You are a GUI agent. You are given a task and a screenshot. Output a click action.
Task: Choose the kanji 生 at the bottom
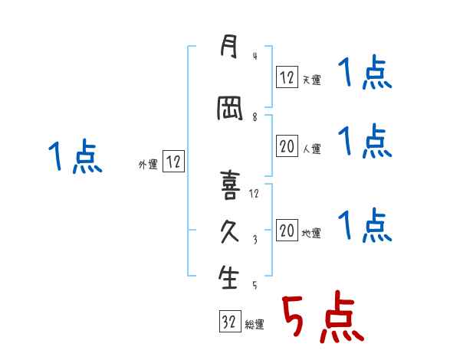click(228, 278)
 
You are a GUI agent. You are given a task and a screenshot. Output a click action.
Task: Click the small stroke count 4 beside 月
click(255, 57)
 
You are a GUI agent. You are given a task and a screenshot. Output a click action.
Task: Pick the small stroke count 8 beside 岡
click(255, 117)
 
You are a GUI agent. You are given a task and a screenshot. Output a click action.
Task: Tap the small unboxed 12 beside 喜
click(255, 193)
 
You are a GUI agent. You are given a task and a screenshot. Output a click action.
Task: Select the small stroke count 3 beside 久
click(255, 240)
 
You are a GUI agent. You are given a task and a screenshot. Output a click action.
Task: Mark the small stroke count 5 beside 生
click(255, 285)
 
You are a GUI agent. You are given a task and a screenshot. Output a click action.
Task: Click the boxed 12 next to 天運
click(287, 77)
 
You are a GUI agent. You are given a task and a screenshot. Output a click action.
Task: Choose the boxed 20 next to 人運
click(287, 146)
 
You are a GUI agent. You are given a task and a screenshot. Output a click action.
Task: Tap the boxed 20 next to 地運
click(287, 231)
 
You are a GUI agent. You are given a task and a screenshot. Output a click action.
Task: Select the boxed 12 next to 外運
click(173, 162)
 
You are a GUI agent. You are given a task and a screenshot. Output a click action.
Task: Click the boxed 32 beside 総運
click(228, 322)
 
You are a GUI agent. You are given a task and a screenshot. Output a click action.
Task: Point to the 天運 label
click(311, 80)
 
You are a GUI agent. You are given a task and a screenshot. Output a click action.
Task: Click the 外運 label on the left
click(148, 164)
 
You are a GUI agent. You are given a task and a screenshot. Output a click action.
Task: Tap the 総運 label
click(255, 325)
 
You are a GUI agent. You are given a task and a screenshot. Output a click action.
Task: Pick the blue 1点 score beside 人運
click(366, 141)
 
